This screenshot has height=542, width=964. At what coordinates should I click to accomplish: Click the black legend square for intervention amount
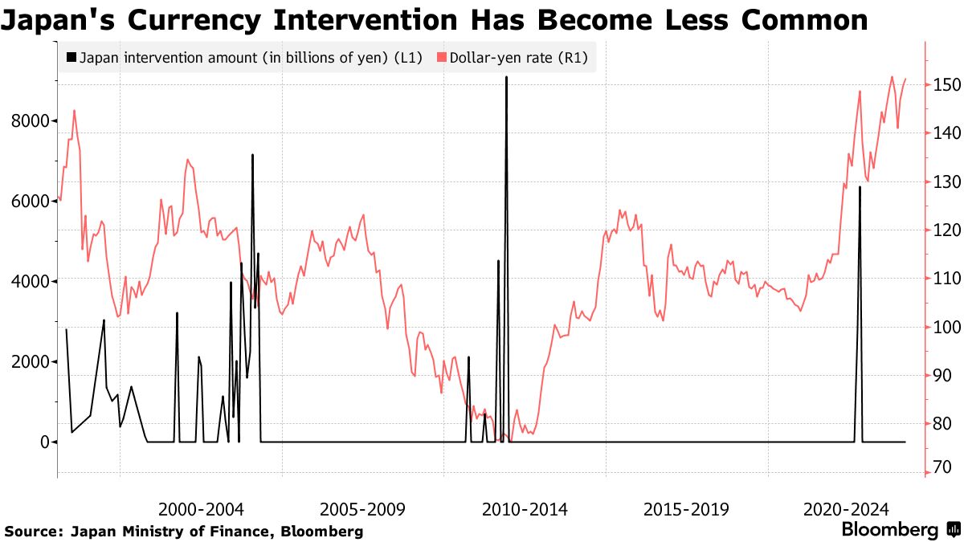tap(73, 58)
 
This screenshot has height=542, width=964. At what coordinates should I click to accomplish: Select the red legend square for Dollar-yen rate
tap(441, 58)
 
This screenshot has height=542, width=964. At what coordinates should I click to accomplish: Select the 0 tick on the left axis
tap(45, 442)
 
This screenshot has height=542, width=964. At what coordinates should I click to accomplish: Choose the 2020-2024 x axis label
tap(847, 509)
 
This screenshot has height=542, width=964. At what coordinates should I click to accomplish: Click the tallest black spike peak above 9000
tap(506, 78)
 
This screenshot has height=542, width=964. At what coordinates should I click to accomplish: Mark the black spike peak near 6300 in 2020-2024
tap(860, 187)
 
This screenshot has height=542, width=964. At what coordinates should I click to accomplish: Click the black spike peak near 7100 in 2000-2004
tap(252, 155)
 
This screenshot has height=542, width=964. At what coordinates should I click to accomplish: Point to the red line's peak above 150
tap(892, 77)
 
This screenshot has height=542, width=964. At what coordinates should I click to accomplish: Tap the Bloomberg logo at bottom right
tap(900, 530)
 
